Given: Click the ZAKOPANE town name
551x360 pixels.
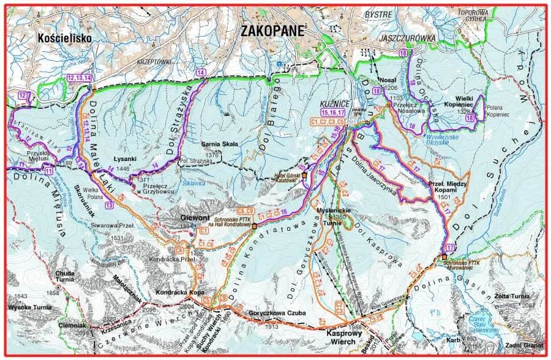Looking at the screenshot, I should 273,30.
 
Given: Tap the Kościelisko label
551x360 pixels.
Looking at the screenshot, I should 64,38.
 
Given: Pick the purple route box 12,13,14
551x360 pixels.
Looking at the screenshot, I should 80,78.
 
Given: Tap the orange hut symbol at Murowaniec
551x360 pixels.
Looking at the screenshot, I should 444,257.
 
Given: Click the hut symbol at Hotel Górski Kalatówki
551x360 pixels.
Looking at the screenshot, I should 304,175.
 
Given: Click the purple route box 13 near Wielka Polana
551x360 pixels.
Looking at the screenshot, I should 108,206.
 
